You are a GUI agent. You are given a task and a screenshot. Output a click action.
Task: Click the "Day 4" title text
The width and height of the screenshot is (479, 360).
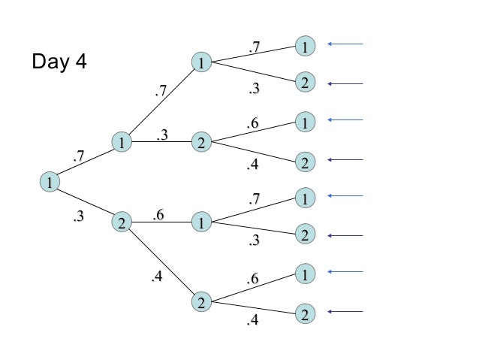[x=59, y=62]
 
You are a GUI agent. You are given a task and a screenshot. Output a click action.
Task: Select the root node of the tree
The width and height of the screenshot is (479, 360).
[x=49, y=182]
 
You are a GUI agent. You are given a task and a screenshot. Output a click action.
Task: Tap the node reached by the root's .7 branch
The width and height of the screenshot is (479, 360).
[x=122, y=141]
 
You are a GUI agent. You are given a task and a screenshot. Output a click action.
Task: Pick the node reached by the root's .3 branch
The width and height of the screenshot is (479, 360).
[x=122, y=222]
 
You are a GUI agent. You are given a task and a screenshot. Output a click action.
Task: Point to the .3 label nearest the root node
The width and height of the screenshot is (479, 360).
[x=78, y=218]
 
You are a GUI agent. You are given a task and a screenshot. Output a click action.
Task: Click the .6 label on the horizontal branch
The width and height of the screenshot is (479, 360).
[x=158, y=215]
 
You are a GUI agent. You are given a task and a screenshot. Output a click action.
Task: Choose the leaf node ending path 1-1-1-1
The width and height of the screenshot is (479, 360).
[x=304, y=46]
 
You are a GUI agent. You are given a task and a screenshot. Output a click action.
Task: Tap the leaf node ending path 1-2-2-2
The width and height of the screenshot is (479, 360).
[x=304, y=313]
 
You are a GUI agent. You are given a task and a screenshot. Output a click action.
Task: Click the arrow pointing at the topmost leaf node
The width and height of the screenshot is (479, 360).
[x=345, y=44]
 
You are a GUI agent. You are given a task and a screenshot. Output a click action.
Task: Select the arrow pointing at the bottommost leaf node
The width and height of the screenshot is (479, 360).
[x=345, y=312]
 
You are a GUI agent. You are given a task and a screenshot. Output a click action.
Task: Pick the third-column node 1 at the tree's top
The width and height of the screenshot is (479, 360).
[x=200, y=62]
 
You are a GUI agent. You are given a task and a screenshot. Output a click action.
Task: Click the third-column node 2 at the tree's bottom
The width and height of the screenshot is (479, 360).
[x=200, y=303]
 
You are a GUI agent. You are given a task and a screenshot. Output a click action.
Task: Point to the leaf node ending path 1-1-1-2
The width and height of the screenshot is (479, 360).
[x=304, y=83]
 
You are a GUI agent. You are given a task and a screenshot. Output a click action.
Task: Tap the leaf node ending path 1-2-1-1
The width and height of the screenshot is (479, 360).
[x=304, y=198]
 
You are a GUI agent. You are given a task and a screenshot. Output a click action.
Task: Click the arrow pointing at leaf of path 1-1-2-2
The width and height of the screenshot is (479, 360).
[x=345, y=160]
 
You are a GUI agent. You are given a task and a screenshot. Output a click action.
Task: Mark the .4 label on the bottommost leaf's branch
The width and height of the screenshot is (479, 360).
[x=254, y=321]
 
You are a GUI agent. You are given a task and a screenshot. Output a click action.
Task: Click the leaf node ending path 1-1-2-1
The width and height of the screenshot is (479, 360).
[x=304, y=121]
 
